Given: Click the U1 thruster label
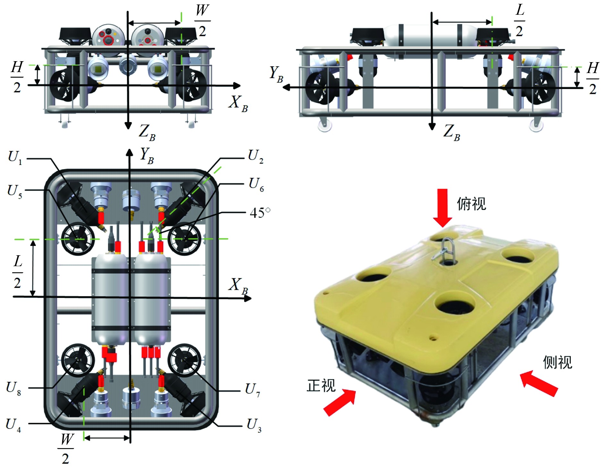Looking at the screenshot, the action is click(x=15, y=157).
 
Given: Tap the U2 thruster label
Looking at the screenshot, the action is click(x=256, y=157).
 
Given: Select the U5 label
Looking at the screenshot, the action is click(x=15, y=192).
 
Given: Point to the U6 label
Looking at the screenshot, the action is click(x=256, y=185).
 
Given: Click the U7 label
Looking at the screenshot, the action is click(x=253, y=390).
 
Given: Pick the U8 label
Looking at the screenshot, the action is click(x=13, y=388).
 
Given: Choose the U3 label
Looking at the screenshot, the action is click(x=254, y=425).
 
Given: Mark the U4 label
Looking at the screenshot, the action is click(x=13, y=425).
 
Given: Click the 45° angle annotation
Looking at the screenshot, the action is click(x=260, y=213).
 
